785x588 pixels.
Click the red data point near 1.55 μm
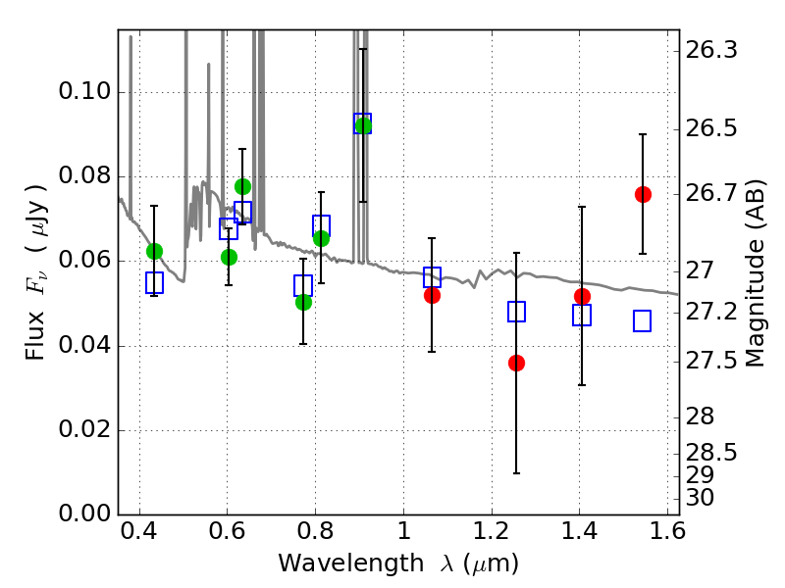tap(643, 194)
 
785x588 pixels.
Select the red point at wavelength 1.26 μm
tap(516, 363)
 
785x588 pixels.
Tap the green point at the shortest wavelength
tap(154, 251)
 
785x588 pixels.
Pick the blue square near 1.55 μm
tap(643, 320)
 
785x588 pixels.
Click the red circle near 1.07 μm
tap(432, 295)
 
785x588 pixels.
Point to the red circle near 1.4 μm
tap(582, 296)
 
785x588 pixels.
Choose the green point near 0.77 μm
tap(303, 302)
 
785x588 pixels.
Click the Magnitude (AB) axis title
tap(756, 274)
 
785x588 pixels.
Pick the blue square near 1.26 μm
tap(516, 312)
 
